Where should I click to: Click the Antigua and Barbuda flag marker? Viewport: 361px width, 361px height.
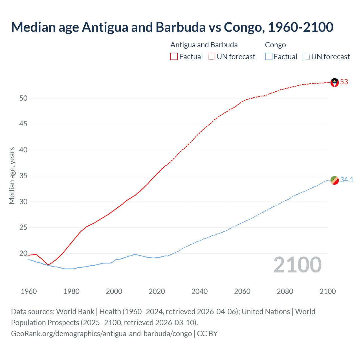(x=334, y=82)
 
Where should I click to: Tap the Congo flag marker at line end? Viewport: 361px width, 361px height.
(x=334, y=180)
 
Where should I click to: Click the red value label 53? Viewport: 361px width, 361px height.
(x=344, y=82)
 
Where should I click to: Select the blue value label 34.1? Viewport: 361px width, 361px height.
(x=347, y=180)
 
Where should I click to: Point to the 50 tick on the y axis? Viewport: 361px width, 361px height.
(x=23, y=98)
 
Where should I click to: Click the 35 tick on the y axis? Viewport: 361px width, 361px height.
(x=23, y=176)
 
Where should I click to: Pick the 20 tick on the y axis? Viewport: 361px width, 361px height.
(x=23, y=254)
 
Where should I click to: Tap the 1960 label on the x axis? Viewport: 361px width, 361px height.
(x=29, y=291)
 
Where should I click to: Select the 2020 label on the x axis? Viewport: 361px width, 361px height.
(x=157, y=291)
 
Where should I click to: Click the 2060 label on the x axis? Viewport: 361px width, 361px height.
(x=242, y=291)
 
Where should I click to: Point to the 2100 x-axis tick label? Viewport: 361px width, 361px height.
(x=327, y=291)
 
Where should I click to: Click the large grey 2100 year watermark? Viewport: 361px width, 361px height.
(x=297, y=265)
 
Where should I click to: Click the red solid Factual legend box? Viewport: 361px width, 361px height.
(x=174, y=57)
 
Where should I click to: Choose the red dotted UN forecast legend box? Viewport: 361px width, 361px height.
(x=212, y=57)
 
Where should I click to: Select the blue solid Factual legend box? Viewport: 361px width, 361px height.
(x=268, y=57)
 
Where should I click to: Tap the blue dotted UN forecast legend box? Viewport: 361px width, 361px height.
(x=306, y=57)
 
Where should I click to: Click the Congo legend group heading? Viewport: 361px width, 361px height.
(x=275, y=45)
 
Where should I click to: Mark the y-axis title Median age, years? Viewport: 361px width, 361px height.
(x=12, y=175)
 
